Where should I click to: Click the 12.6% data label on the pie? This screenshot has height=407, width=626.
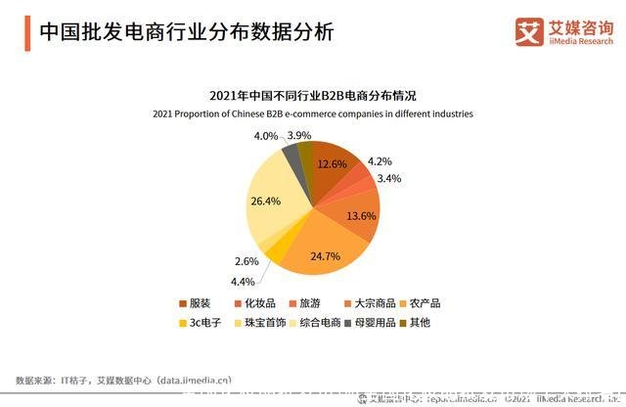(x=333, y=164)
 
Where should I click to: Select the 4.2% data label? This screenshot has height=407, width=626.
(x=380, y=161)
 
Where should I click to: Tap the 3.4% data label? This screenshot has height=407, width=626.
(x=388, y=179)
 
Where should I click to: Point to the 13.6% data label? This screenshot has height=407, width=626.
(x=361, y=214)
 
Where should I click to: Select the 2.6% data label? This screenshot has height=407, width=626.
(x=247, y=261)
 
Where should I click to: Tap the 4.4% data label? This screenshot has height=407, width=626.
(x=242, y=282)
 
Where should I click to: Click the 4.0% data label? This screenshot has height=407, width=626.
(x=265, y=136)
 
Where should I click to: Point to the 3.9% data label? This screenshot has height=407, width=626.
(x=299, y=136)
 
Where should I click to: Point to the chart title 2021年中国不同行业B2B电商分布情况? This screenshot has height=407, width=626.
(x=313, y=96)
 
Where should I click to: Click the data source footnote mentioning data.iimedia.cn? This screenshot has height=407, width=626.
(x=124, y=380)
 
